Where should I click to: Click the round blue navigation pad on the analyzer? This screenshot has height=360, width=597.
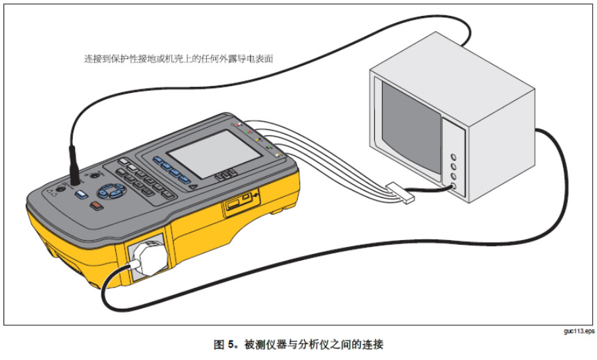pyautogui.click(x=108, y=191)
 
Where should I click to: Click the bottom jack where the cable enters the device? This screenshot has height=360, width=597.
pyautogui.click(x=454, y=187)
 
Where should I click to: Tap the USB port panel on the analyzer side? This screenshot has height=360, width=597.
pyautogui.click(x=236, y=205)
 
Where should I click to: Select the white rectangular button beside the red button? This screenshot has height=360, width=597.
pyautogui.click(x=82, y=196)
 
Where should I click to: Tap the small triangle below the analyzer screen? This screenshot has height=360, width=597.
pyautogui.click(x=193, y=186)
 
